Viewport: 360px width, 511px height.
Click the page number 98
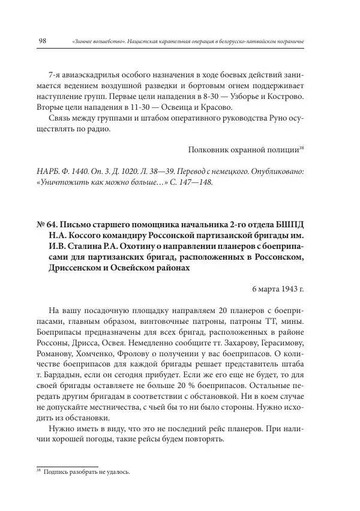(43, 41)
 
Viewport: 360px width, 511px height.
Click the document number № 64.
(47, 225)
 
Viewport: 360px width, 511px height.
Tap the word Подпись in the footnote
(56, 471)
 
